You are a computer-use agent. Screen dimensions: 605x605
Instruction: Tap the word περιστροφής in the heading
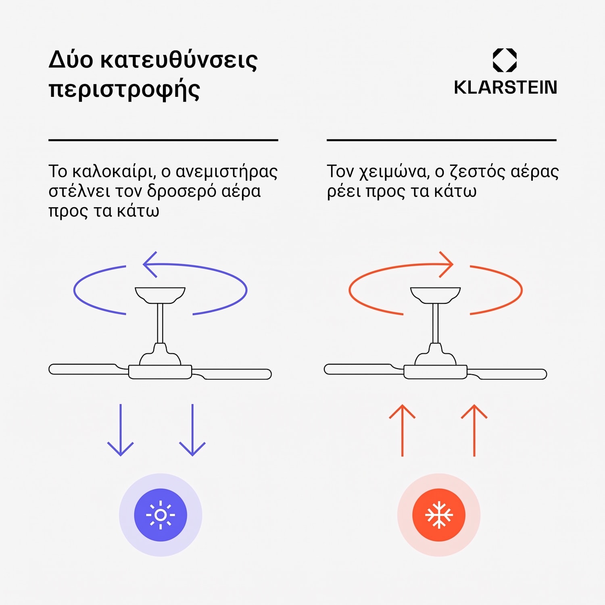tap(124, 89)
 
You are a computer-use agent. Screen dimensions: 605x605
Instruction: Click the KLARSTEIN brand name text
tap(505, 88)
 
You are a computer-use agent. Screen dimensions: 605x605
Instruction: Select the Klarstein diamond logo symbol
tap(505, 60)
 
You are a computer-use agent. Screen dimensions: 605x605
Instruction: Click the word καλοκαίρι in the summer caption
tap(114, 171)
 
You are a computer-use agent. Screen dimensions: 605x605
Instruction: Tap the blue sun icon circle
tap(161, 515)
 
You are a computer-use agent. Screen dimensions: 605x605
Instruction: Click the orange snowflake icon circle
tap(439, 515)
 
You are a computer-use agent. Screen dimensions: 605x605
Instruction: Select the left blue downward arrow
tap(120, 430)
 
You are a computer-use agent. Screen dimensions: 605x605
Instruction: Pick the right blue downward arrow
tap(192, 430)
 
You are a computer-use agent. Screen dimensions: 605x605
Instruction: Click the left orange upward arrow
tap(402, 430)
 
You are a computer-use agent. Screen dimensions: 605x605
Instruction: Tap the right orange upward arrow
tap(474, 430)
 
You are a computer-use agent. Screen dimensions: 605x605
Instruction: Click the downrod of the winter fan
tap(435, 323)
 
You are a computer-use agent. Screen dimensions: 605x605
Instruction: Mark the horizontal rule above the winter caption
tap(442, 140)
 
